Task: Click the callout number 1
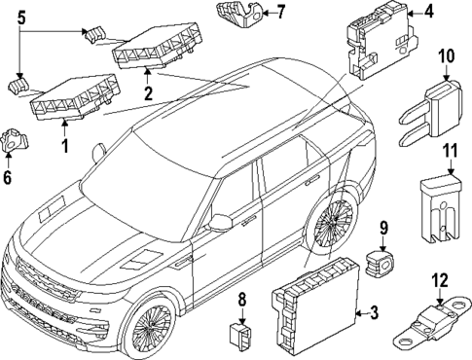66,146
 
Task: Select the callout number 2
148,94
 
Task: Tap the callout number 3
372,312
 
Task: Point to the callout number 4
427,13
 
